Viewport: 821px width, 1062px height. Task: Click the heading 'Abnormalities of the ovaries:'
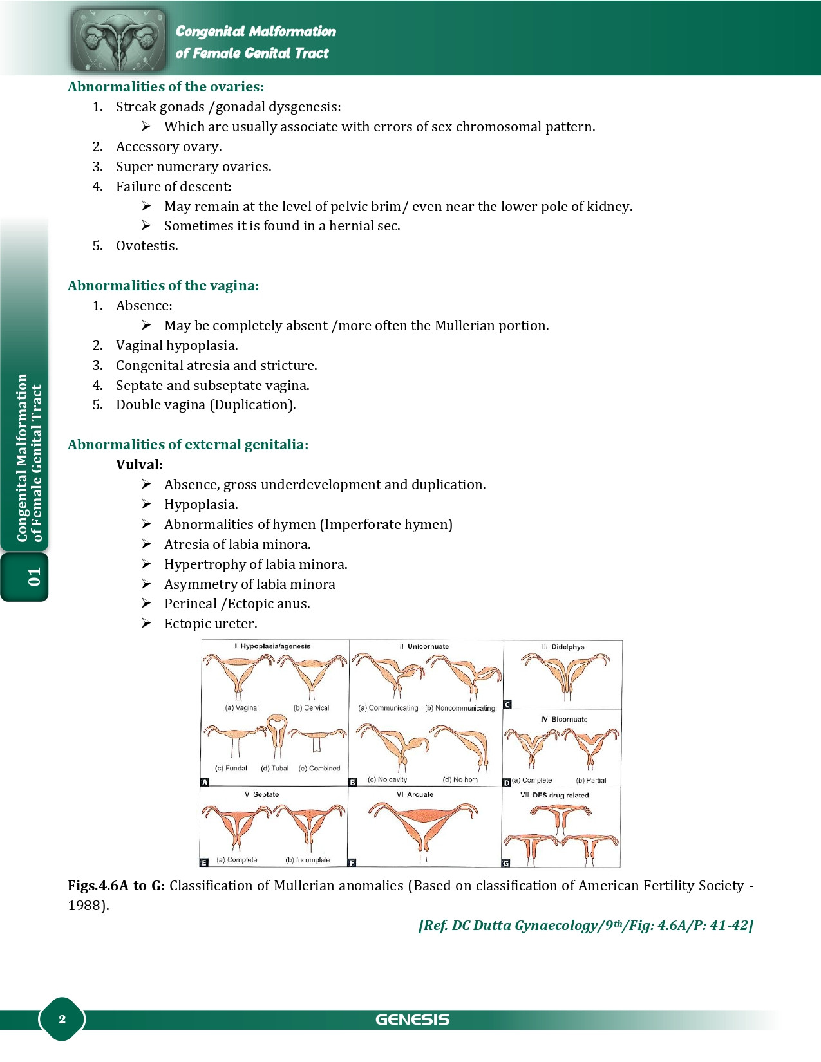[x=165, y=87]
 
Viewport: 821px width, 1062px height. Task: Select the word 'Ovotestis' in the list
[x=146, y=246]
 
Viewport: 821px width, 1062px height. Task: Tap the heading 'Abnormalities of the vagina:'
[x=163, y=286]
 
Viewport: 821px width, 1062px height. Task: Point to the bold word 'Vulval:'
[x=139, y=465]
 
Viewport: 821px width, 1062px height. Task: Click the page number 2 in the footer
[x=62, y=1019]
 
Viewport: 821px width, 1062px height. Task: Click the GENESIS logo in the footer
[x=412, y=1020]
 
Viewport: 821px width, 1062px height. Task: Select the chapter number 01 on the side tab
[x=33, y=577]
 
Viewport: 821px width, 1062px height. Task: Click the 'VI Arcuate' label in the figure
[x=415, y=795]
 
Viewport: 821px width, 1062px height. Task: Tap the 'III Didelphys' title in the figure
[x=563, y=647]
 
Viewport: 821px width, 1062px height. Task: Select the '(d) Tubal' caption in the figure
[x=274, y=769]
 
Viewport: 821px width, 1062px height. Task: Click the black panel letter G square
[x=506, y=863]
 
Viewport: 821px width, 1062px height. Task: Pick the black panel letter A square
[x=205, y=782]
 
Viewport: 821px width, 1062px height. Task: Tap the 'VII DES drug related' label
[x=554, y=796]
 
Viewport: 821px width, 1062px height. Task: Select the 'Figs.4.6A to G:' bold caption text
[x=116, y=886]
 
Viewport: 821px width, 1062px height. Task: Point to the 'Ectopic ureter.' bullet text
[x=211, y=624]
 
